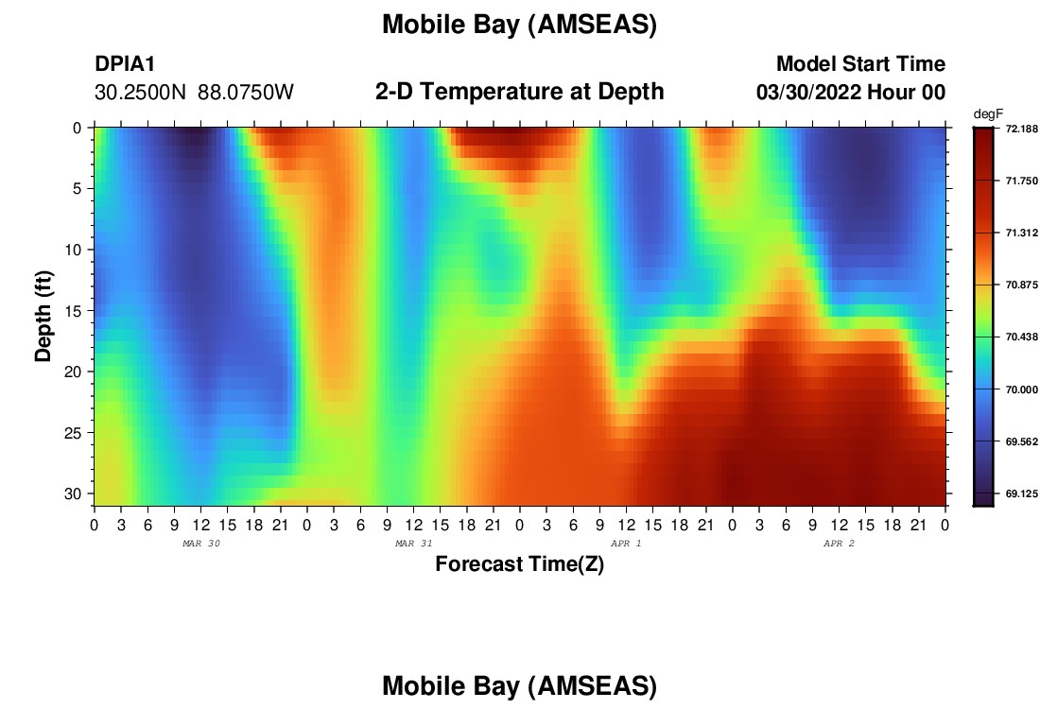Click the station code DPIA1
pos(125,63)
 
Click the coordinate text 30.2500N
pos(141,92)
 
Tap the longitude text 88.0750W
pos(246,92)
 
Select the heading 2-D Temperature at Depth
pos(519,91)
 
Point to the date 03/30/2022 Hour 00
pos(850,92)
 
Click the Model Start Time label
pos(860,63)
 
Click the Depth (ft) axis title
pos(43,316)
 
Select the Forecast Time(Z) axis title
pos(519,563)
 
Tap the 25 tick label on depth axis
pos(75,433)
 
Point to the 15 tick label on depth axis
pos(75,311)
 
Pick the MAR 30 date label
pos(201,544)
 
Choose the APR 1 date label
pos(626,544)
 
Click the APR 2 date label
pos(839,544)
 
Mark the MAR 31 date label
pos(414,544)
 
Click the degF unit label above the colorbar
pos(988,114)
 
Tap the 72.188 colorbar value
pos(1021,129)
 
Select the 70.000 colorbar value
pos(1021,389)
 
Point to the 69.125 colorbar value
pos(1021,493)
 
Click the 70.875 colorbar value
pos(1021,285)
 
